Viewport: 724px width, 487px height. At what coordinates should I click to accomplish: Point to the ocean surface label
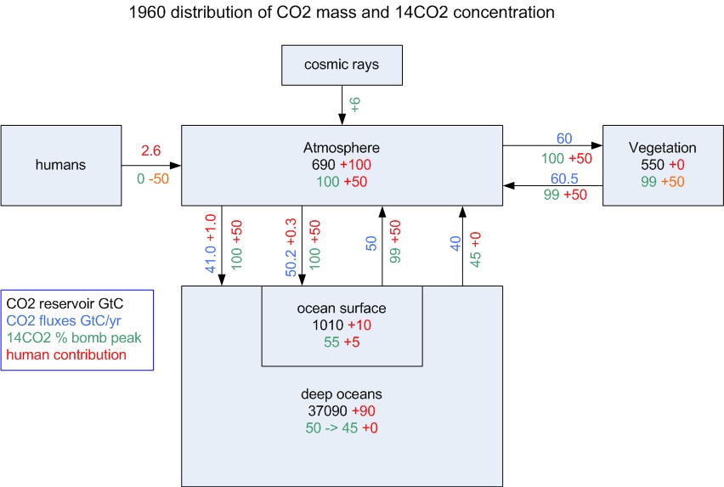coord(342,309)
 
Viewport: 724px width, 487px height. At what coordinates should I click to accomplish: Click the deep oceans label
coord(341,394)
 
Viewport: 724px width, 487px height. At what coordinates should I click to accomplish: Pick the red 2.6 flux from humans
coord(150,150)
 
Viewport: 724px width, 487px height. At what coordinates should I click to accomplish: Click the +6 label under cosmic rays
coord(355,105)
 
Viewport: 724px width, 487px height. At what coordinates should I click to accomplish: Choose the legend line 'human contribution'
coord(65,354)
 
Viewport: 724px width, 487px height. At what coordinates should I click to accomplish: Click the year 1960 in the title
coord(144,13)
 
